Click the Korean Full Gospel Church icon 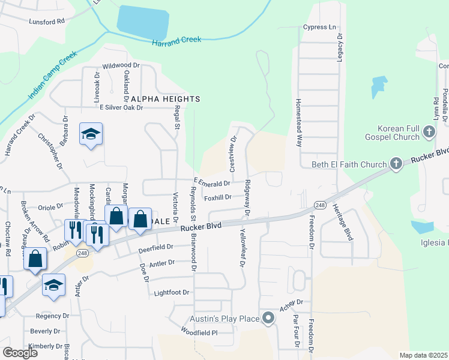[x=429, y=131]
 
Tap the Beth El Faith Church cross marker [x=396, y=163]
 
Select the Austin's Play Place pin [x=268, y=319]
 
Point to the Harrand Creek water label [x=176, y=41]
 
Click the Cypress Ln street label [x=319, y=27]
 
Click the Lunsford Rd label [x=46, y=22]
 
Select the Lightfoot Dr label [x=172, y=293]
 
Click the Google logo [x=20, y=352]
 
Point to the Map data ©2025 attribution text [x=424, y=355]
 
